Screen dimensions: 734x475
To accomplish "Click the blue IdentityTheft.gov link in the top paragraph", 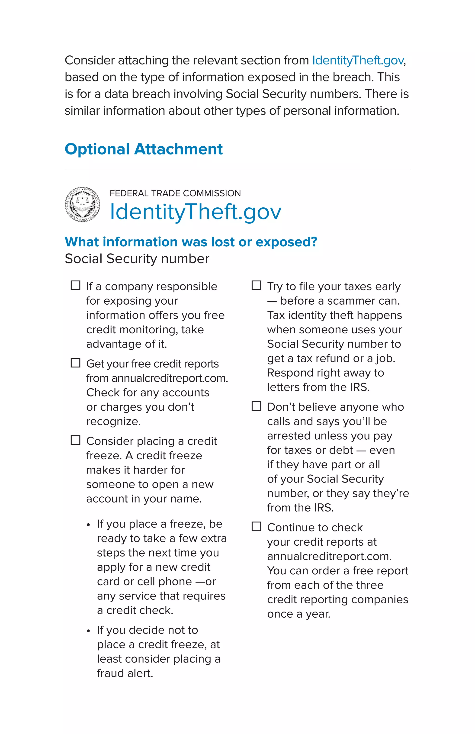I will pyautogui.click(x=358, y=61).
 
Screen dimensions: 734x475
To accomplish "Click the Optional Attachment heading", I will pyautogui.click(x=143, y=149).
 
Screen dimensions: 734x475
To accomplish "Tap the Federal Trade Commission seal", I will pyautogui.click(x=82, y=204).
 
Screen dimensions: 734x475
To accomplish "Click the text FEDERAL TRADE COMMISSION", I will pyautogui.click(x=175, y=193).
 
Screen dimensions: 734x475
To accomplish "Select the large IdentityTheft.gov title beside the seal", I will pyautogui.click(x=196, y=212).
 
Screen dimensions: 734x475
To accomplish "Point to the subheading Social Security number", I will pyautogui.click(x=137, y=259).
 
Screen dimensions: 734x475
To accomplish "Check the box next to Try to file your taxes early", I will pyautogui.click(x=256, y=285).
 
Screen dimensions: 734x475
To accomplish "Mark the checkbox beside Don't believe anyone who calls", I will pyautogui.click(x=256, y=406).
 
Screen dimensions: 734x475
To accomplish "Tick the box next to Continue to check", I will pyautogui.click(x=256, y=526).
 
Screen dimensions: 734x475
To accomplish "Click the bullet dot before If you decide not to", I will pyautogui.click(x=88, y=631).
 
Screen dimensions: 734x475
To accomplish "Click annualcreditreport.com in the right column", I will pyautogui.click(x=329, y=556).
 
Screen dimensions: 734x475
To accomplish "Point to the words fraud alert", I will pyautogui.click(x=125, y=673).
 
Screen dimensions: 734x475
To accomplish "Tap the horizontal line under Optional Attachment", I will pyautogui.click(x=237, y=169).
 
